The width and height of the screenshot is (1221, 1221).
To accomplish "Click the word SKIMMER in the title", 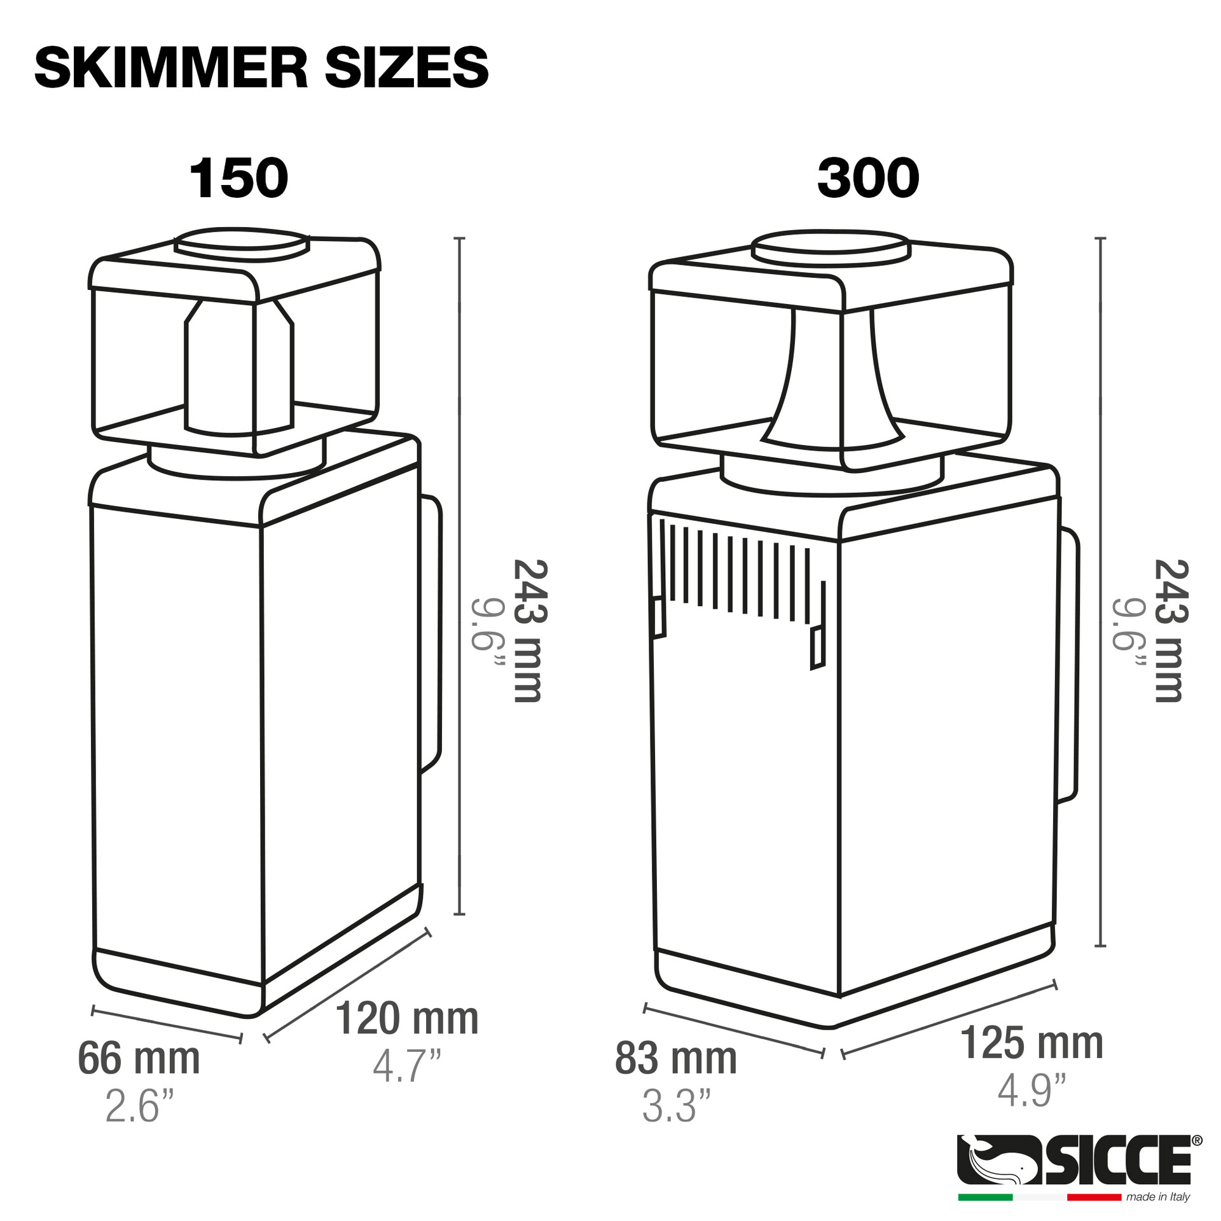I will point(171,68).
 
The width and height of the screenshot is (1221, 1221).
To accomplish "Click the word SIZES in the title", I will point(406,68).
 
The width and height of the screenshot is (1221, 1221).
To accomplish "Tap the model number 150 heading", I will point(238,179).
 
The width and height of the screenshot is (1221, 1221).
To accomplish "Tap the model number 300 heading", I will point(867,179).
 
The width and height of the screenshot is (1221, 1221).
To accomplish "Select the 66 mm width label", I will point(139,1058).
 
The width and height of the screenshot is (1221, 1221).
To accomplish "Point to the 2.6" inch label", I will point(139,1106).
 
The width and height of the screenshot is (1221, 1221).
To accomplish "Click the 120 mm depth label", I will point(406,1018).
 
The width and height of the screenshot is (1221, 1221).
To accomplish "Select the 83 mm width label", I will point(675,1058).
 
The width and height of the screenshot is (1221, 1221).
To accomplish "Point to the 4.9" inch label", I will point(1031,1089).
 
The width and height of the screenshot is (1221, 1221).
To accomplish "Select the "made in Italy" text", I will point(1157,1197).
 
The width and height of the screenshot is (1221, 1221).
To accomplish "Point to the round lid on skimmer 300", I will point(830,248).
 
